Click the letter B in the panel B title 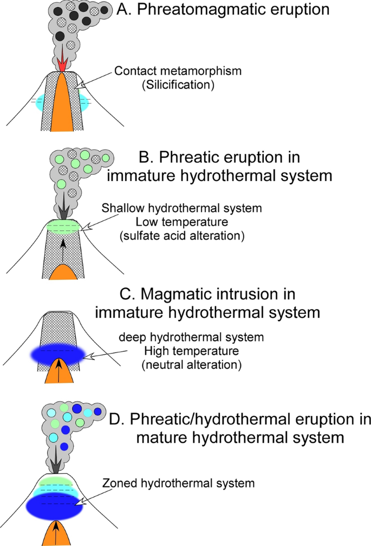[145, 157]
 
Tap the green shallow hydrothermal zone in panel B [64, 225]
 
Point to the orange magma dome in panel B [64, 271]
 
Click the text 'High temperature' [191, 351]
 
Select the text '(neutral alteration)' [191, 365]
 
